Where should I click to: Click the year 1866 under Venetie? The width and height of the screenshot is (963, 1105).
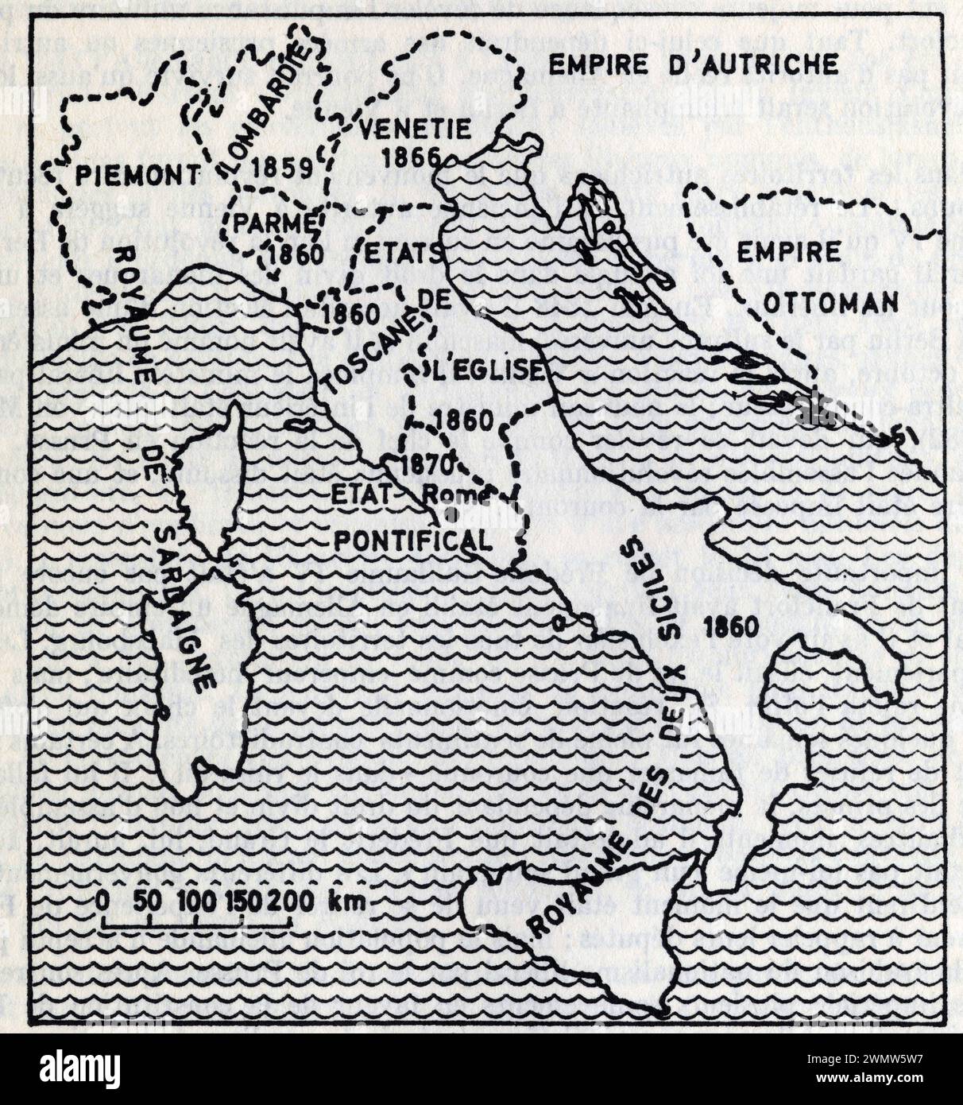(x=414, y=156)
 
